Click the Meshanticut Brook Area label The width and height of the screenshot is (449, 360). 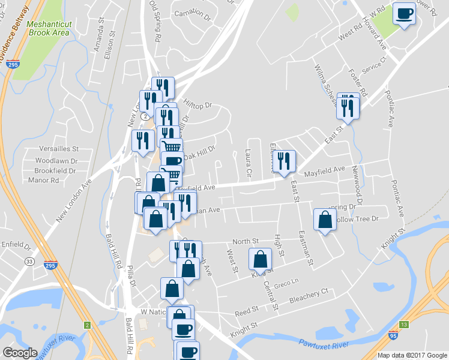[49, 29]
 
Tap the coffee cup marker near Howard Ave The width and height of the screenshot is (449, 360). [405, 13]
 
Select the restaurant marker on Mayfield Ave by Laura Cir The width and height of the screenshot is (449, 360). [284, 160]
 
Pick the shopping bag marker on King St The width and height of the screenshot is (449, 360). [260, 260]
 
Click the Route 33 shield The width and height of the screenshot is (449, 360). [29, 262]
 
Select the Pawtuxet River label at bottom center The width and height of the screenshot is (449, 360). [324, 344]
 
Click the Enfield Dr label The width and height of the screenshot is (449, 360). [16, 246]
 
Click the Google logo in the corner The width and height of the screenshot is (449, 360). [20, 353]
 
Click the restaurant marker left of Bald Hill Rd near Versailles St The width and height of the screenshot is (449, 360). [142, 142]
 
